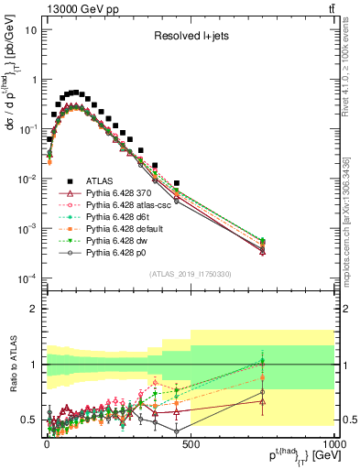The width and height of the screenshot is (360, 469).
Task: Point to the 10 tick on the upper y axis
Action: tap(31, 29)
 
